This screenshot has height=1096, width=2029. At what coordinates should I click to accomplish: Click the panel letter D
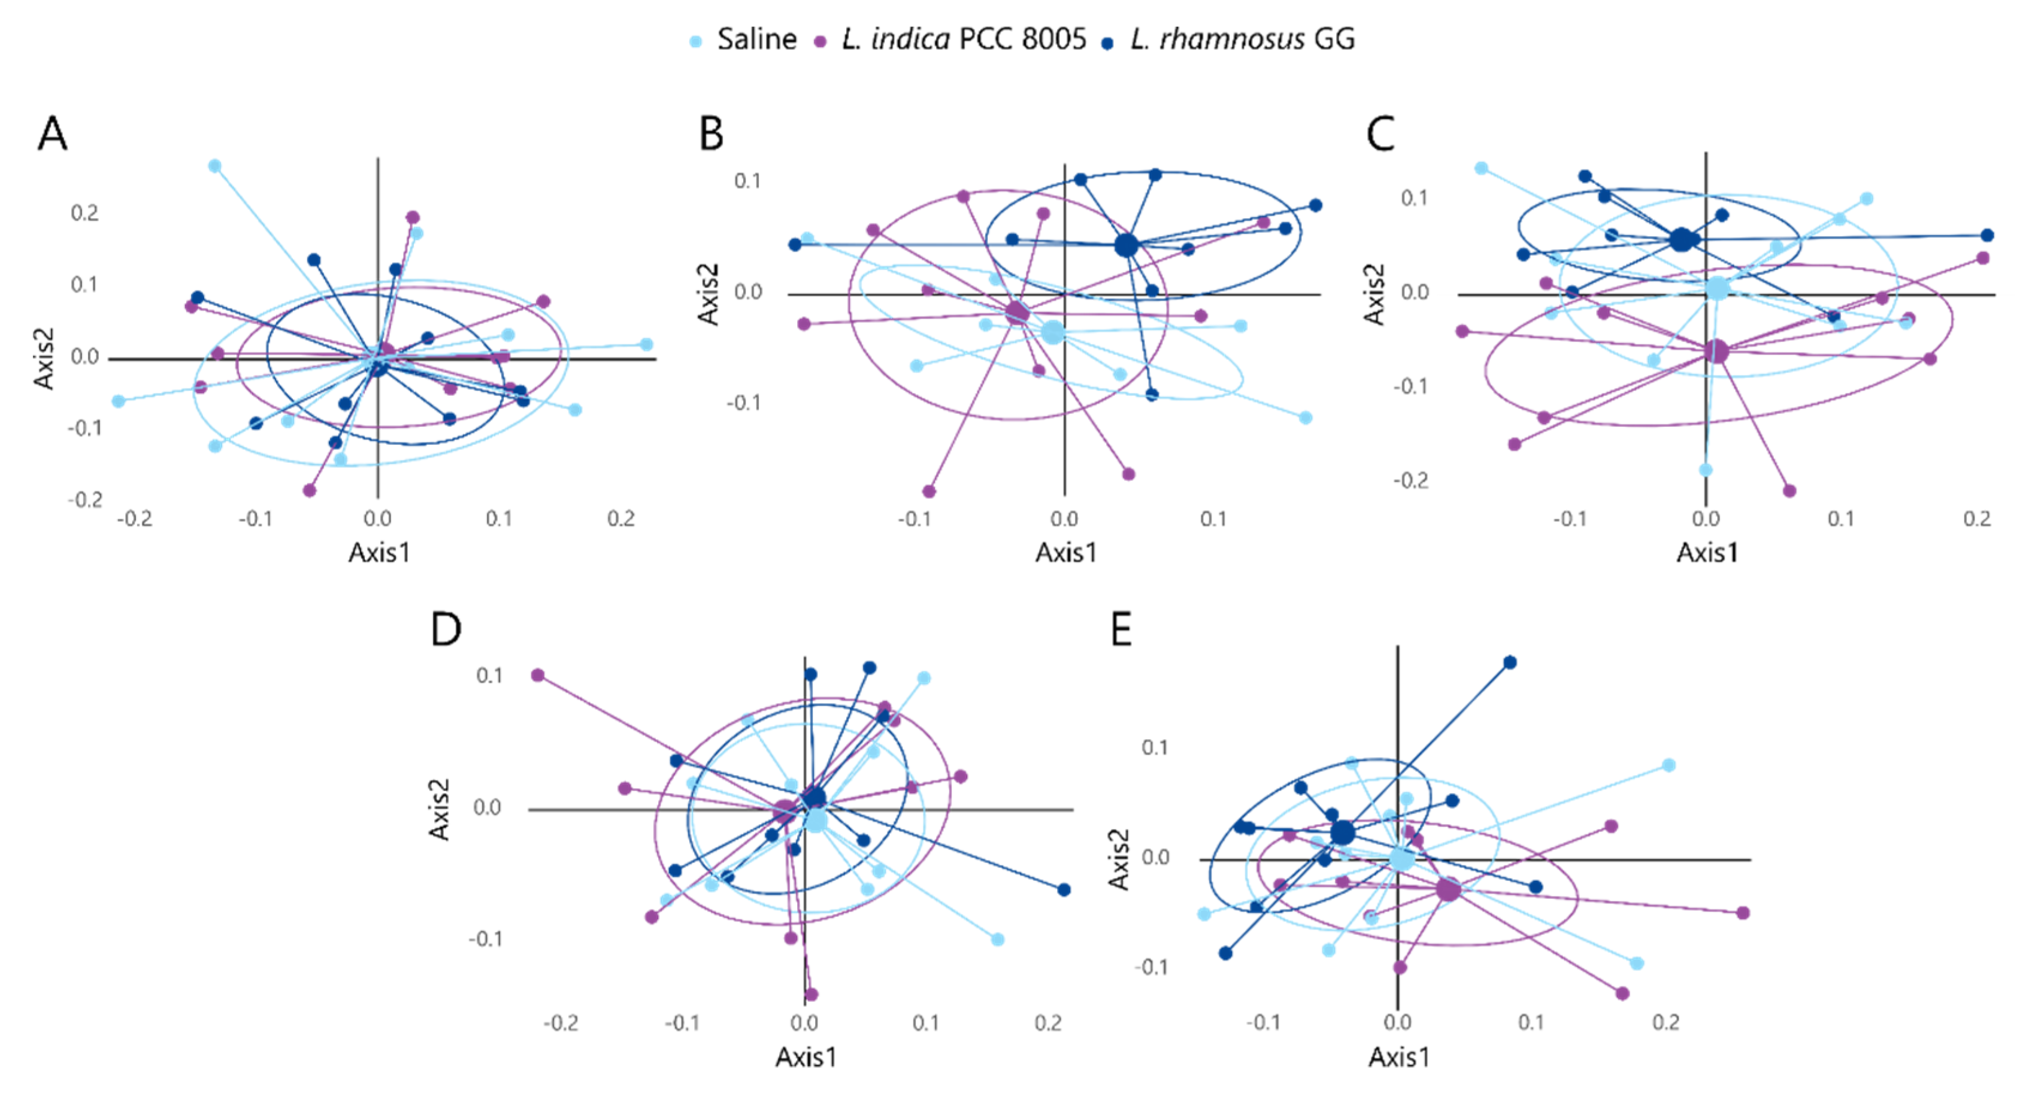coord(446,629)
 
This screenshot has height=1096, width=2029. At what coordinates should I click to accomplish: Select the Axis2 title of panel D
coord(439,809)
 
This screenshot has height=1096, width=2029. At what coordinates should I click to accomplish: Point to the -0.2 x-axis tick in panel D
coord(560,1024)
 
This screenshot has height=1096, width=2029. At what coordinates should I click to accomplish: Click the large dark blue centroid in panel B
coord(1126,245)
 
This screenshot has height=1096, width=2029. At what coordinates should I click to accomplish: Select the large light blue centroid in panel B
coord(1053,332)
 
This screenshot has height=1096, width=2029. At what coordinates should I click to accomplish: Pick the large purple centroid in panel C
coord(1716,352)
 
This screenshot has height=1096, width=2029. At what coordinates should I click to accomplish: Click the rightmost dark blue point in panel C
coord(1987,235)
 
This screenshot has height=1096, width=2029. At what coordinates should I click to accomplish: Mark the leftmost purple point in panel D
coord(538,675)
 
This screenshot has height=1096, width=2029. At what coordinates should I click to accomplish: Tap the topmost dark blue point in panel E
coord(1510,662)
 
